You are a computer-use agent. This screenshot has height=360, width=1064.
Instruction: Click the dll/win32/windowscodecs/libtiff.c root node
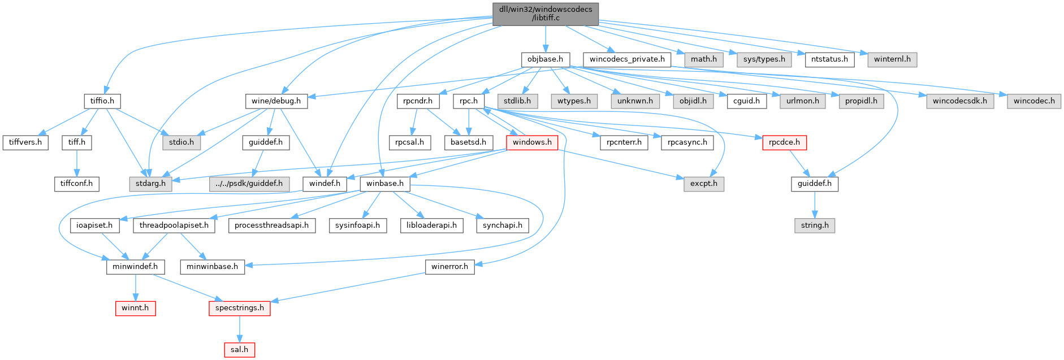coord(545,14)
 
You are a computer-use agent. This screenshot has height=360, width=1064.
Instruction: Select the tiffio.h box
coord(102,101)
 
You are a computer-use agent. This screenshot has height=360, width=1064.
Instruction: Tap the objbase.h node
coord(545,59)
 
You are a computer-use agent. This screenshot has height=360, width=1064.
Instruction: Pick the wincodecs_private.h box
coord(627,59)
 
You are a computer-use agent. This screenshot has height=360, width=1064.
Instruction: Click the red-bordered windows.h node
coord(532,142)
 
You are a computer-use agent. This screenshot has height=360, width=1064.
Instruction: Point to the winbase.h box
coord(385,184)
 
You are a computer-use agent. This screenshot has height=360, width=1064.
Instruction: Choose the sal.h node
coord(239,350)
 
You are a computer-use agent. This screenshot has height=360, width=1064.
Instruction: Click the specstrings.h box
coord(239,308)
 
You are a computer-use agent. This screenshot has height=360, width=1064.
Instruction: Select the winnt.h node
coord(135,308)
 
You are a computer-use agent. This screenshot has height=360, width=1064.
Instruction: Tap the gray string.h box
coord(815,225)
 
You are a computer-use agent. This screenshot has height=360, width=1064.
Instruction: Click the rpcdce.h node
coord(784,142)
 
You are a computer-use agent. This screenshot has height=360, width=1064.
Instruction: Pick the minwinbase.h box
coord(212,266)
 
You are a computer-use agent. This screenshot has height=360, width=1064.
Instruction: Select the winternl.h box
coord(892,59)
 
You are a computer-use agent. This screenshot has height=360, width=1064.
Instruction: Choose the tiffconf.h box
coord(77,184)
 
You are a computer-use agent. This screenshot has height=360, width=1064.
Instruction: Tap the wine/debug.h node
coord(276,101)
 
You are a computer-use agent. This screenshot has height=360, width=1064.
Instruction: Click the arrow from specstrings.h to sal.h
coord(239,329)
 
